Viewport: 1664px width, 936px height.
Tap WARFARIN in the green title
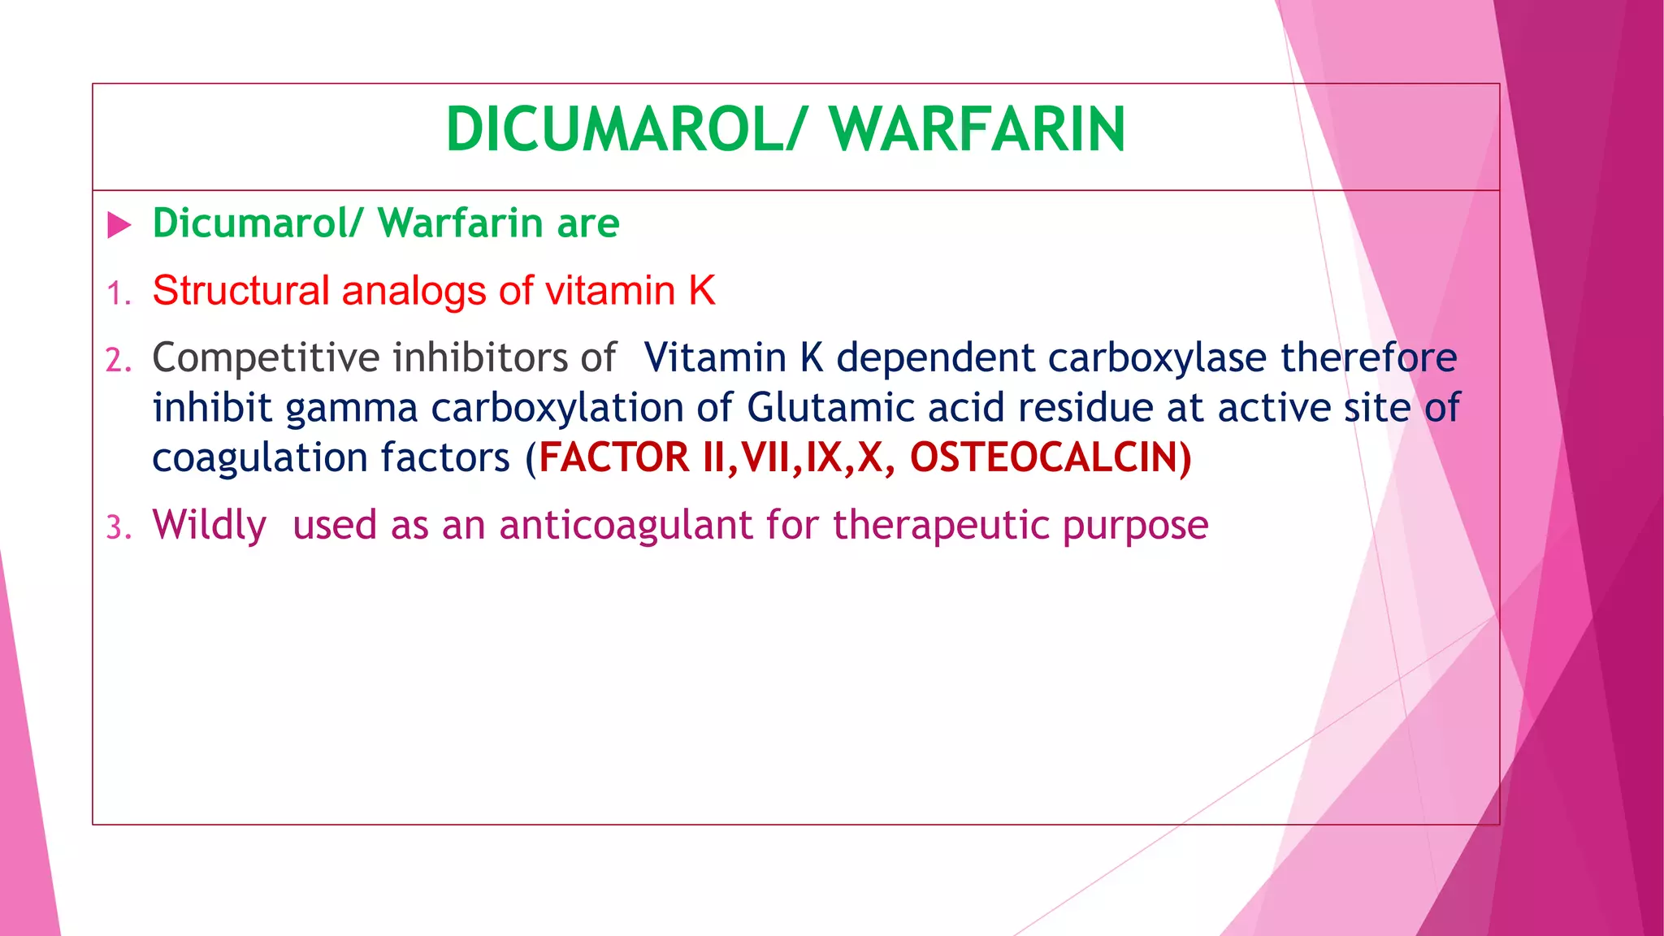click(977, 130)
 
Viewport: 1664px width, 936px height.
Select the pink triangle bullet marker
click(119, 225)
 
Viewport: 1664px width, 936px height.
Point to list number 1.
click(118, 293)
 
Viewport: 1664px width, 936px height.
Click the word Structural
click(240, 291)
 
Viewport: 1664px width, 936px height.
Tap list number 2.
click(118, 360)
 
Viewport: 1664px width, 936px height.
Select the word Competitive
click(266, 357)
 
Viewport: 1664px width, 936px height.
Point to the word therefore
click(1369, 357)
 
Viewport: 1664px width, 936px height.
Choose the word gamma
click(351, 408)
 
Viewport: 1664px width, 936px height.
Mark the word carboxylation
click(557, 408)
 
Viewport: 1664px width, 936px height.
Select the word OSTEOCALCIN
click(1044, 457)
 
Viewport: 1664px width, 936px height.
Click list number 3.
click(118, 528)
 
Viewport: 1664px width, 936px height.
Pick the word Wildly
click(209, 525)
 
